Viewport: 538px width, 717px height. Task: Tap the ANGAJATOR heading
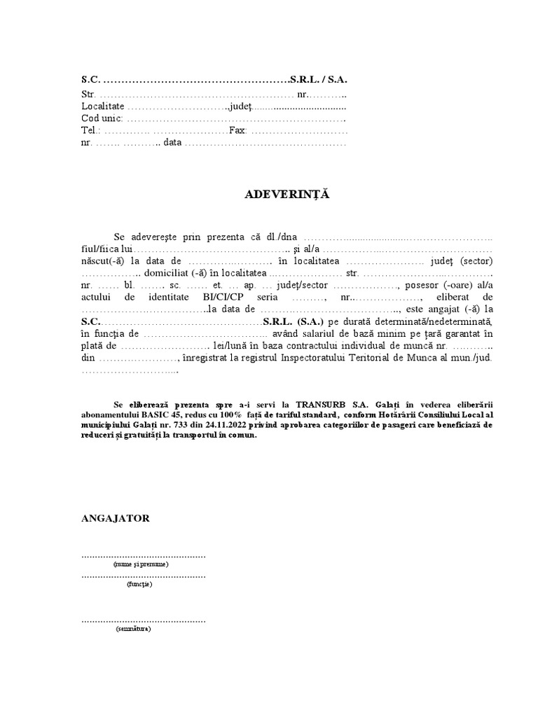(x=115, y=518)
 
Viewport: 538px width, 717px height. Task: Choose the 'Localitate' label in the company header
(x=102, y=106)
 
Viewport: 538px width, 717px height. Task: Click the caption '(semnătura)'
(x=133, y=629)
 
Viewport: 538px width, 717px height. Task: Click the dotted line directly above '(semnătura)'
(x=144, y=620)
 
